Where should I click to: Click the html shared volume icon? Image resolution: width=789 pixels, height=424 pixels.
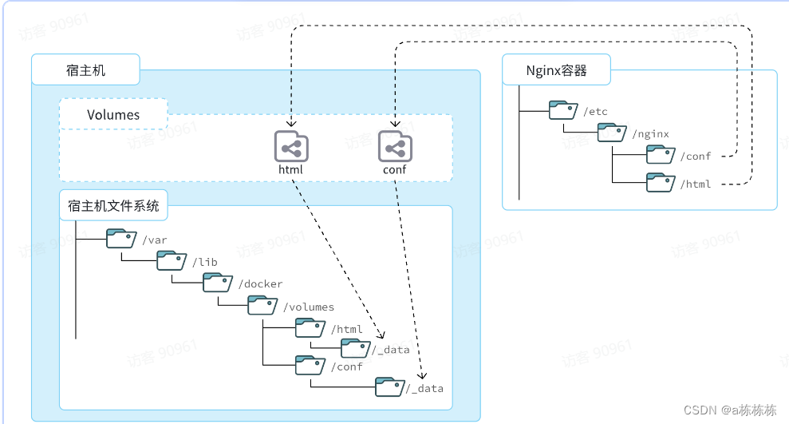click(x=291, y=146)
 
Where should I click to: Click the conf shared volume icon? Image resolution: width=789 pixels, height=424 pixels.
click(x=395, y=146)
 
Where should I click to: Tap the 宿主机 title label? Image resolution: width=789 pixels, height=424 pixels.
click(x=85, y=70)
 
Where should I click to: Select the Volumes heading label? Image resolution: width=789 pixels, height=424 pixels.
click(x=113, y=115)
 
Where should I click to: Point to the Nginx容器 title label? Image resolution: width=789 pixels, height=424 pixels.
click(x=557, y=70)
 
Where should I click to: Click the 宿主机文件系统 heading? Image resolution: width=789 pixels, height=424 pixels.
click(x=113, y=205)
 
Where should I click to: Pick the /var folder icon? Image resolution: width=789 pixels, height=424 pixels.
click(x=121, y=239)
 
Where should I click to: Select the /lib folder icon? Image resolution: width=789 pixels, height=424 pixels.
click(x=172, y=261)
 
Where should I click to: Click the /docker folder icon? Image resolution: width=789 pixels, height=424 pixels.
click(x=217, y=283)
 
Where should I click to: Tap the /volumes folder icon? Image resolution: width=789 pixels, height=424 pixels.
click(x=262, y=305)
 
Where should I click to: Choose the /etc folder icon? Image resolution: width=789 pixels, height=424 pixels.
click(x=563, y=109)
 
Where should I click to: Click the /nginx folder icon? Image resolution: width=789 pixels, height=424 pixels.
click(x=612, y=133)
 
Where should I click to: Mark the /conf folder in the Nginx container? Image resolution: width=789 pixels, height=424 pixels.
click(x=661, y=155)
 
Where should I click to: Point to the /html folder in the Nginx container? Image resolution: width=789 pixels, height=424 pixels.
click(x=661, y=182)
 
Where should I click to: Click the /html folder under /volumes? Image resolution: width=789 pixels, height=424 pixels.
click(x=310, y=328)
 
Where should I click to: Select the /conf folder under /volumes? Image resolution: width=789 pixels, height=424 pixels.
click(x=310, y=365)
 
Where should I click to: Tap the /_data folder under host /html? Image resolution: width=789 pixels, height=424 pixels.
click(x=356, y=348)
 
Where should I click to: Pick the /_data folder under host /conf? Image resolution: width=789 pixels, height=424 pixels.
click(x=390, y=386)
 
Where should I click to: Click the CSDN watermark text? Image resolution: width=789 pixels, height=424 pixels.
click(x=730, y=410)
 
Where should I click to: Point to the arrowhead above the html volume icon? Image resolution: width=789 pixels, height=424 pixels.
click(x=291, y=124)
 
